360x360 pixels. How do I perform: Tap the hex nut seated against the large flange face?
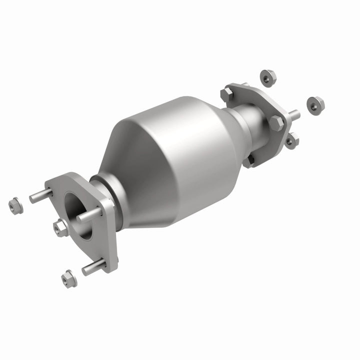click(x=61, y=228)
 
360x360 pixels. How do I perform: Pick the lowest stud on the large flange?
click(x=94, y=266)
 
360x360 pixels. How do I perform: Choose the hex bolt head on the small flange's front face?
click(x=276, y=121)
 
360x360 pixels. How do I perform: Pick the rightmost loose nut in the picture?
click(x=315, y=103)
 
